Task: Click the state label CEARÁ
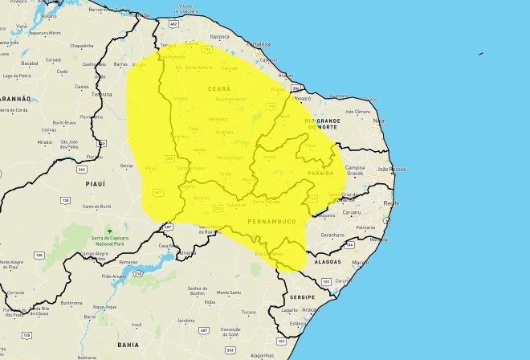(219, 89)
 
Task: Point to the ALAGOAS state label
(328, 262)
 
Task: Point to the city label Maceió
(361, 263)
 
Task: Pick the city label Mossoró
(303, 98)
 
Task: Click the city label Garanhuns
(332, 235)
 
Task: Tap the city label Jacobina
(185, 319)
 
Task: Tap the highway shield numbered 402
(173, 25)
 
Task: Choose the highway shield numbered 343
(82, 170)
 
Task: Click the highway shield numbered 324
(231, 349)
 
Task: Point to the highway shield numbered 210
(138, 274)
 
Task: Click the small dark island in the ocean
(481, 54)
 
